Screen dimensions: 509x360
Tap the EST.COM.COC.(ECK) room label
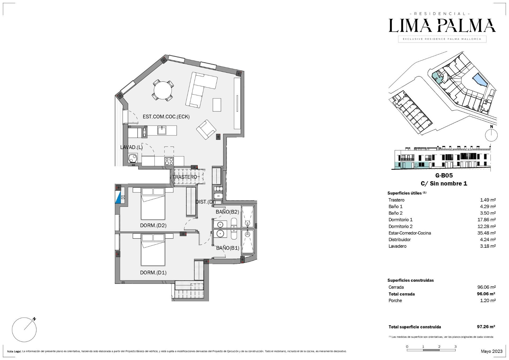point(166,117)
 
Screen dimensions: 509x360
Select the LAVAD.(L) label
point(131,147)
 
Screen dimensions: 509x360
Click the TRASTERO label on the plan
point(185,177)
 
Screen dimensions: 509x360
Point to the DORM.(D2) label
point(153,225)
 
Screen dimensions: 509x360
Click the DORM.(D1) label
point(153,273)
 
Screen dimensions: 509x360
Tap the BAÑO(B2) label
point(227,212)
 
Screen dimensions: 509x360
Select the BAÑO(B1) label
point(228,248)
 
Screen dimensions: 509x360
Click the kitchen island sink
point(162,130)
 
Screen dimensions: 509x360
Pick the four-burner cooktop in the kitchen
point(169,161)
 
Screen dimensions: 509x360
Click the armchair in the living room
point(206,129)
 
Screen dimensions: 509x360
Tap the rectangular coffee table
point(217,105)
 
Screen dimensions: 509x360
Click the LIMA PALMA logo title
point(442,26)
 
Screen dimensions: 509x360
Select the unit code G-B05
point(444,175)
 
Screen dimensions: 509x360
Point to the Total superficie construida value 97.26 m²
point(486,327)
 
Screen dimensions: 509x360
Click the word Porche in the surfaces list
point(395,301)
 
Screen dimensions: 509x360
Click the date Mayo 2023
point(492,351)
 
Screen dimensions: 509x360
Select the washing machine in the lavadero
point(133,158)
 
